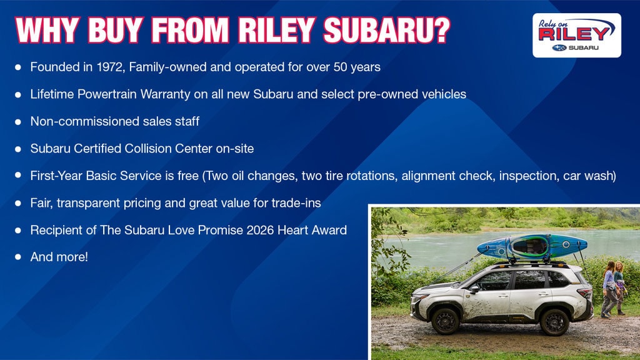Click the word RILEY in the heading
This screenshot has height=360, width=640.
pyautogui.click(x=276, y=30)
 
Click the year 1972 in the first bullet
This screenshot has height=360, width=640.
pyautogui.click(x=110, y=67)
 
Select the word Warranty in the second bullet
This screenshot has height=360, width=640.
pyautogui.click(x=165, y=94)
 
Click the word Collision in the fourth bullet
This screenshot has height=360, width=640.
pyautogui.click(x=149, y=149)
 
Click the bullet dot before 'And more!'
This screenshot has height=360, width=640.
pyautogui.click(x=18, y=257)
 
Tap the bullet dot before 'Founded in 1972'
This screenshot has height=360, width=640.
pyautogui.click(x=18, y=67)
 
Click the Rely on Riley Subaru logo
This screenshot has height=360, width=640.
pyautogui.click(x=577, y=35)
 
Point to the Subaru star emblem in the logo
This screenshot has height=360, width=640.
pyautogui.click(x=559, y=47)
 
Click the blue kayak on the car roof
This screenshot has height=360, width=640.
pyautogui.click(x=532, y=246)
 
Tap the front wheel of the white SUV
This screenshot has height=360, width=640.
pyautogui.click(x=445, y=321)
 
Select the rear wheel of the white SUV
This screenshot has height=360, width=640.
pyautogui.click(x=554, y=322)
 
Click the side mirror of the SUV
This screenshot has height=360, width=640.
pyautogui.click(x=474, y=289)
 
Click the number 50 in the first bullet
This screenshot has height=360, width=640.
pyautogui.click(x=340, y=67)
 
